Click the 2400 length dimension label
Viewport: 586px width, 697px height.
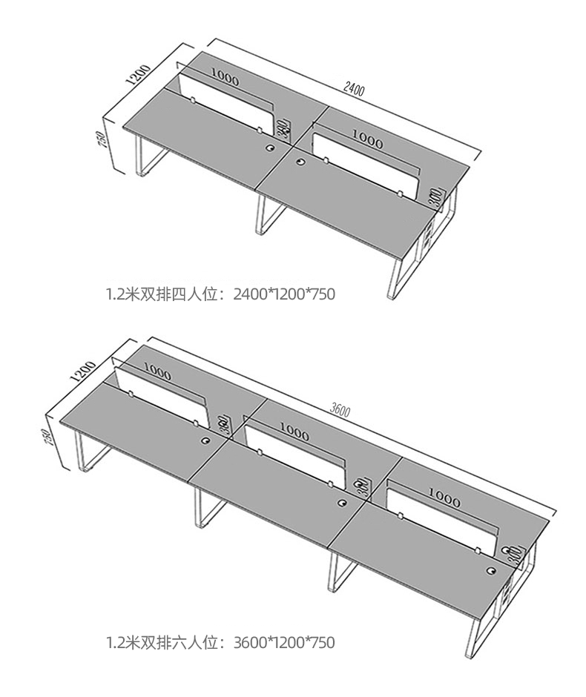tap(354, 90)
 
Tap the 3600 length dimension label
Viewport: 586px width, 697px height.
tap(340, 409)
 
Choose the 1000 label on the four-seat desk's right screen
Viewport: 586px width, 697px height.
tap(367, 138)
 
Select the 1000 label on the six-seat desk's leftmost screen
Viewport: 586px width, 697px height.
tap(157, 369)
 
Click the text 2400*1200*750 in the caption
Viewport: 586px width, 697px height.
tap(284, 295)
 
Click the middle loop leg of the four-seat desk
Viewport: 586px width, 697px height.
tap(267, 216)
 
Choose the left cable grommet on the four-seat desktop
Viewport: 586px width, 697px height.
tap(269, 148)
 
